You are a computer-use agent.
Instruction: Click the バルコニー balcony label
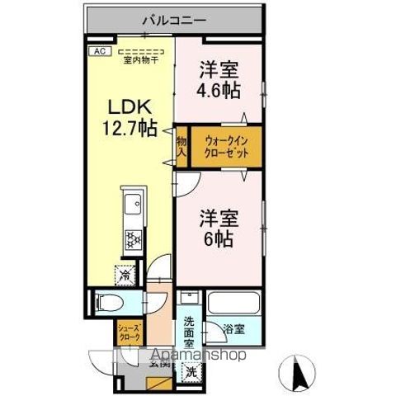[173, 17]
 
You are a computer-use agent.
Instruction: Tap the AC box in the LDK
[97, 50]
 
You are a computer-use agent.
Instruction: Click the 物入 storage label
[181, 147]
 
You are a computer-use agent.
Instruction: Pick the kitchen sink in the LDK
[132, 206]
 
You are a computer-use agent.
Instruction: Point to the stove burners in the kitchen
[132, 239]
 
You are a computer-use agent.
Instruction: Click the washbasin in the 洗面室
[189, 300]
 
